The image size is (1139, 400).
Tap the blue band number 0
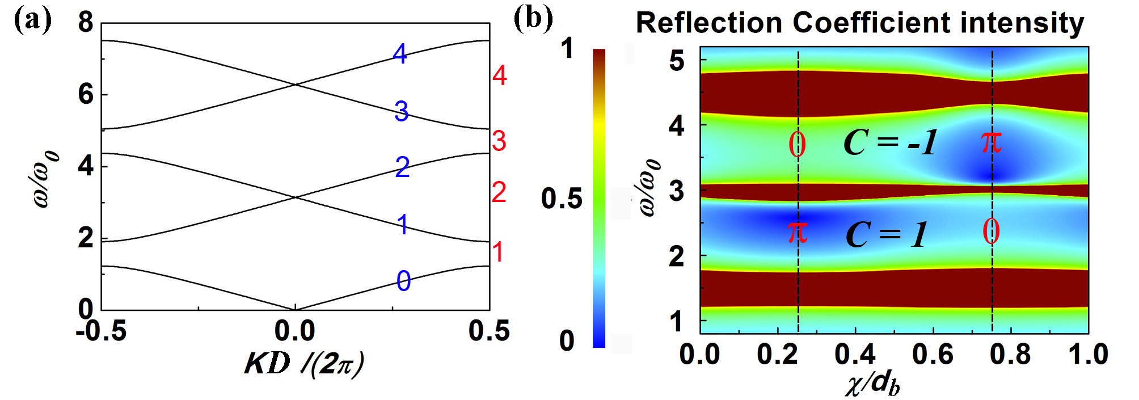point(403,281)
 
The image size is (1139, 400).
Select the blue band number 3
point(401,111)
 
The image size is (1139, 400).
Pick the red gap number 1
point(498,252)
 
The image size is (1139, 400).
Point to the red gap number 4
point(499,75)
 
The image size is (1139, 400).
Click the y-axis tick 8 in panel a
point(86,23)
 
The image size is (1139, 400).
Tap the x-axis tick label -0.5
point(102,331)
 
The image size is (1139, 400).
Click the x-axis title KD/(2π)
point(304,365)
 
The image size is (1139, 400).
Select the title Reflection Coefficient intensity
point(860,23)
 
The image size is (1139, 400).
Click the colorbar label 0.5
point(562,199)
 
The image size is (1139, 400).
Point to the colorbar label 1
point(567,49)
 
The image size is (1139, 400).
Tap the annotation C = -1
point(891,142)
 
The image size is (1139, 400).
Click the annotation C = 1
point(886,235)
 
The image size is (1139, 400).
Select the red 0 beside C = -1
point(797,145)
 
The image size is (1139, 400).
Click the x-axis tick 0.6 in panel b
point(933,355)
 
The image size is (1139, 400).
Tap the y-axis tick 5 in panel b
point(677,60)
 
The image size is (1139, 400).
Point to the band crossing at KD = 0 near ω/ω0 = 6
point(295,85)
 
